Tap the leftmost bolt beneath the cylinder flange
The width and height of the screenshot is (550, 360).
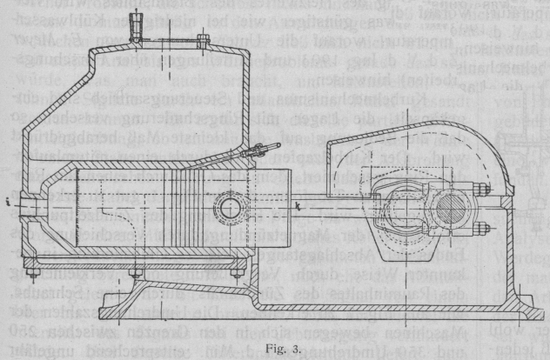click(x=32, y=277)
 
